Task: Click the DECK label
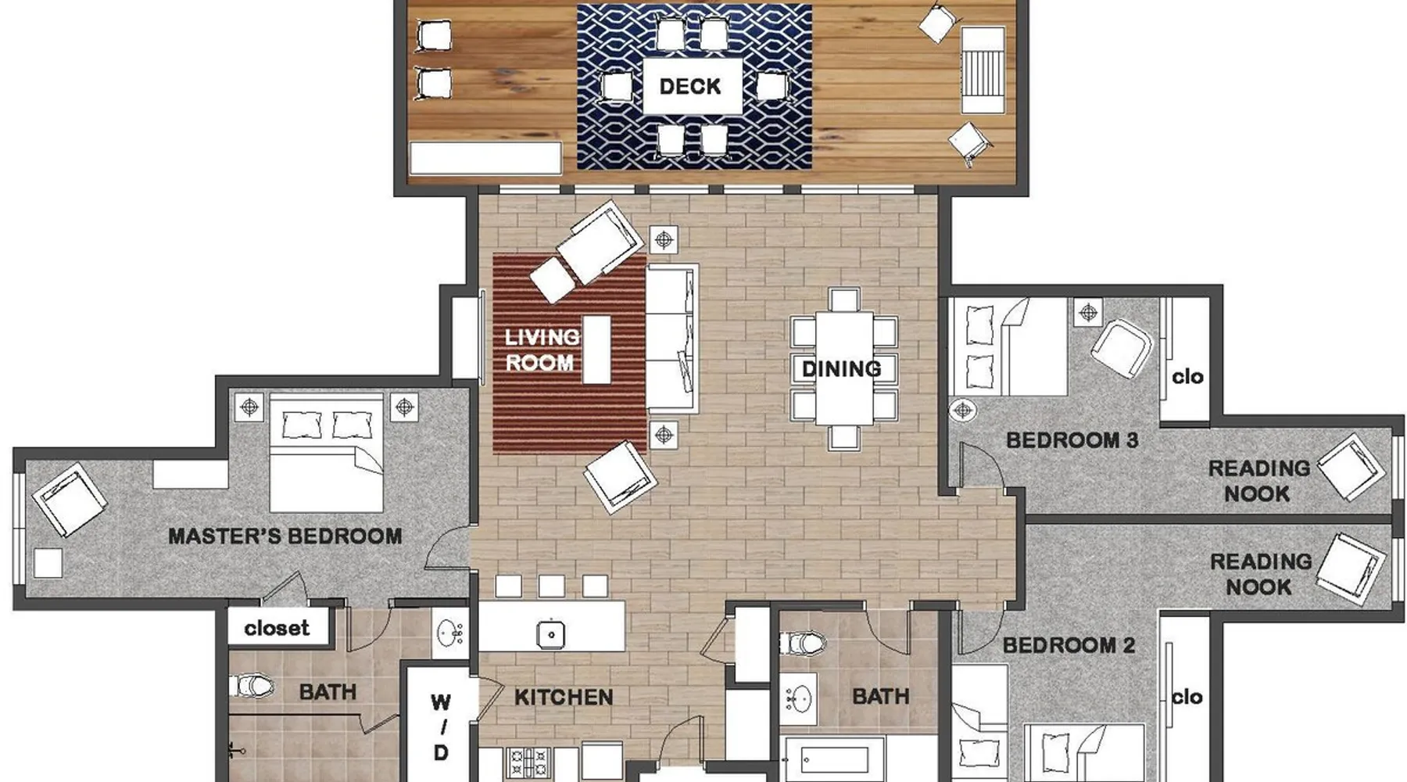[689, 86]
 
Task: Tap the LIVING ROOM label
[542, 350]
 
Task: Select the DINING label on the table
[841, 369]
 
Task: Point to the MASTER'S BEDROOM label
[285, 536]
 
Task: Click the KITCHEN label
[564, 697]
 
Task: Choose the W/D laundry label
[441, 727]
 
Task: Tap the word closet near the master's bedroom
[277, 628]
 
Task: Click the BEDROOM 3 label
[1072, 440]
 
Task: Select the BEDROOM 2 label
[1069, 645]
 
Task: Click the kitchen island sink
[551, 634]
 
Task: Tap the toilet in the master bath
[252, 687]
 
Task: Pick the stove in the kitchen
[528, 762]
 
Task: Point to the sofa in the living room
[671, 338]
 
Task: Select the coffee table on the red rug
[596, 350]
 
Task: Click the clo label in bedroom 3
[1187, 377]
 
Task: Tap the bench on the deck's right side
[983, 70]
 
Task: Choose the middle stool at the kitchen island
[551, 586]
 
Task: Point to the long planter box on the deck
[485, 157]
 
